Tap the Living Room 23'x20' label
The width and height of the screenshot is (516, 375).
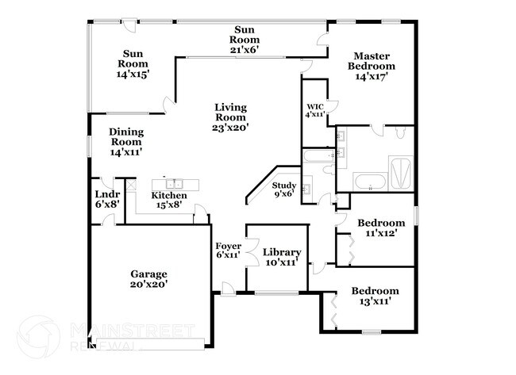click(x=229, y=117)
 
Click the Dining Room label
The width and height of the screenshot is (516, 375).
click(x=127, y=142)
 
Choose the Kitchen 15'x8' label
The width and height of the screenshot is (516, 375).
click(x=169, y=201)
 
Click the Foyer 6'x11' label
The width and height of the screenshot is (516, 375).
click(x=229, y=251)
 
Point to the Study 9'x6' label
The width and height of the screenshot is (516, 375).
click(x=283, y=190)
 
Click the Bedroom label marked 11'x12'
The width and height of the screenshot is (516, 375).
click(x=380, y=228)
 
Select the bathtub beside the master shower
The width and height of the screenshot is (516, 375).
click(x=368, y=180)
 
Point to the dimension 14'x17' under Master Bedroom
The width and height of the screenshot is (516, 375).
click(x=372, y=77)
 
